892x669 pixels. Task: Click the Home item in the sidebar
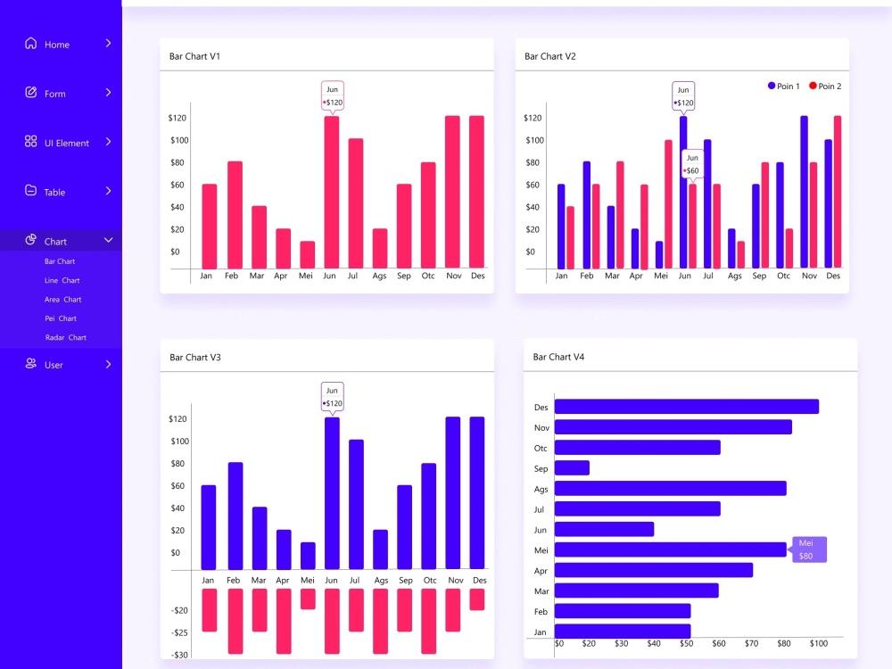click(x=56, y=45)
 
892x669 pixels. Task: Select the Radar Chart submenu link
click(x=65, y=338)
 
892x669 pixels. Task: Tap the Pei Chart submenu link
click(x=61, y=318)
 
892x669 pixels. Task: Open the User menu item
click(x=54, y=365)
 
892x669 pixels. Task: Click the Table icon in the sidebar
click(x=31, y=191)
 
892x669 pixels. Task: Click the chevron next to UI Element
click(x=108, y=142)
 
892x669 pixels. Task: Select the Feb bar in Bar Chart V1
click(x=235, y=214)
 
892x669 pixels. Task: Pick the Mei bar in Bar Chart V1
click(x=307, y=254)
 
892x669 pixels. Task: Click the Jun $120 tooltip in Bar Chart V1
click(x=333, y=96)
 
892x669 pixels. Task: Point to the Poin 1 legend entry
click(x=783, y=87)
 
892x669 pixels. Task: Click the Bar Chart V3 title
click(x=195, y=357)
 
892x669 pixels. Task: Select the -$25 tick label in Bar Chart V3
click(x=180, y=632)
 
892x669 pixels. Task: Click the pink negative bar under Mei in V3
click(x=308, y=599)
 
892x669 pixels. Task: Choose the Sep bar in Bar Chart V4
click(x=572, y=467)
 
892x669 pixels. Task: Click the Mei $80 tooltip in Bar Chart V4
click(x=808, y=549)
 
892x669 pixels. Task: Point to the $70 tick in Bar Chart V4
click(x=752, y=643)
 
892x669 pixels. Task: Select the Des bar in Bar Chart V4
click(x=686, y=407)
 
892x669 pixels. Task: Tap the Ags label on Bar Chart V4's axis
click(x=541, y=489)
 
